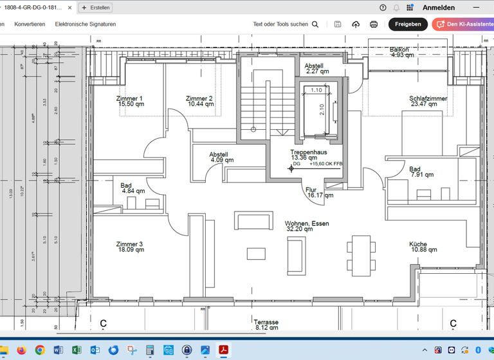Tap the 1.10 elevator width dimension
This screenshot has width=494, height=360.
tap(316, 90)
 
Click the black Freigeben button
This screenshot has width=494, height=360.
tap(408, 24)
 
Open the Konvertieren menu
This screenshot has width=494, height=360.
tap(30, 24)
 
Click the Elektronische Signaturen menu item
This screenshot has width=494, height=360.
tap(86, 24)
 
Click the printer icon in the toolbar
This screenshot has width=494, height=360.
tap(374, 24)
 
